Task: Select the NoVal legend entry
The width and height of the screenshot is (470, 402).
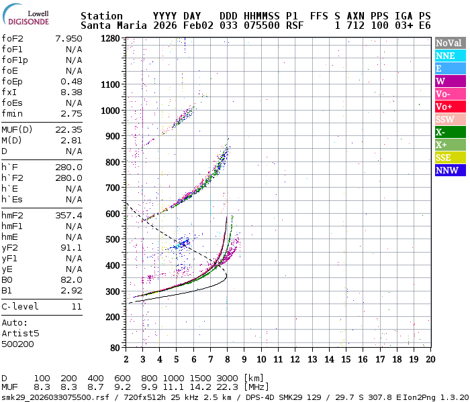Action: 449,43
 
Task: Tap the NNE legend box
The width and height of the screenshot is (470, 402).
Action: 449,56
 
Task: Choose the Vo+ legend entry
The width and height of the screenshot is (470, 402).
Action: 449,107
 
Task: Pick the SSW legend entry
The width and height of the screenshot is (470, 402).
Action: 449,120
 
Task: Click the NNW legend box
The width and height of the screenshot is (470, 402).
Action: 449,171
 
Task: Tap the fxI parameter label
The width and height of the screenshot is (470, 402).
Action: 10,92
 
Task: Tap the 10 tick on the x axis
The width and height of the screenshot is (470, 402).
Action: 261,358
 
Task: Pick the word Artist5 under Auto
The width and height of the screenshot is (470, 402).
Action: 21,333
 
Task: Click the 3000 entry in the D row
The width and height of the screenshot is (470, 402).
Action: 228,379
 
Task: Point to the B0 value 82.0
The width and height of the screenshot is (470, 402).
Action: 71,280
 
